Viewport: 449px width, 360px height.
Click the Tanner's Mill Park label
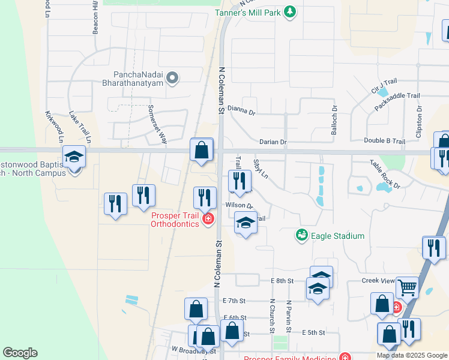pyautogui.click(x=249, y=12)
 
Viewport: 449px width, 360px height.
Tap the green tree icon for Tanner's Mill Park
pyautogui.click(x=291, y=12)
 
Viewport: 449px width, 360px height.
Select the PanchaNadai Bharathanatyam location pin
pyautogui.click(x=173, y=78)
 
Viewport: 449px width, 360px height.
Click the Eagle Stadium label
pyautogui.click(x=337, y=236)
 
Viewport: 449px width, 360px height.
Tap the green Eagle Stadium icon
pyautogui.click(x=302, y=235)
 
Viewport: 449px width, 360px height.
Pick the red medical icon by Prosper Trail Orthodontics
pyautogui.click(x=208, y=220)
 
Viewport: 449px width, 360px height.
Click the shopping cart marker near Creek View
pyautogui.click(x=407, y=288)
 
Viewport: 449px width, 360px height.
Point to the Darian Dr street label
pyautogui.click(x=273, y=142)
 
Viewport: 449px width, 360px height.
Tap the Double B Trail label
pyautogui.click(x=384, y=141)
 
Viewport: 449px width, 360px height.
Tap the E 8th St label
pyautogui.click(x=282, y=280)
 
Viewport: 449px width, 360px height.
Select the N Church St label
pyautogui.click(x=272, y=317)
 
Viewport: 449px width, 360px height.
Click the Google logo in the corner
pyautogui.click(x=20, y=353)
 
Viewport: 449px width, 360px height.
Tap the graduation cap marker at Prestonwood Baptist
pyautogui.click(x=74, y=157)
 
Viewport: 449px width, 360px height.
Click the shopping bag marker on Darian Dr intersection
pyautogui.click(x=202, y=149)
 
